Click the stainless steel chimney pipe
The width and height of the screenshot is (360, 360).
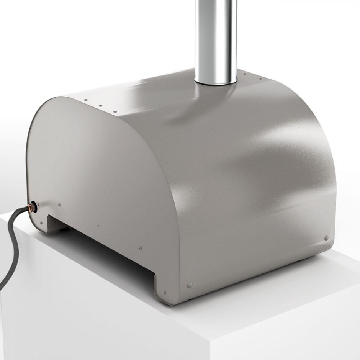(x=215, y=34)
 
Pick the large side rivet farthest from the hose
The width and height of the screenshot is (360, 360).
(x=326, y=238)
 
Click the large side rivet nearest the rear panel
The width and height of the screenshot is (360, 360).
(x=190, y=285)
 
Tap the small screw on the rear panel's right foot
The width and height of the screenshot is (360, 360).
(x=164, y=293)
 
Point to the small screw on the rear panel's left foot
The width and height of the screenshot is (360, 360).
(x=41, y=223)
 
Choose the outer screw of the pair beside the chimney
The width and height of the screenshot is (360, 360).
(x=260, y=79)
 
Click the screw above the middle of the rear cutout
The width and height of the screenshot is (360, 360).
(x=98, y=226)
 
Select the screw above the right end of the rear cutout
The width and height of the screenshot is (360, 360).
(x=141, y=248)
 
